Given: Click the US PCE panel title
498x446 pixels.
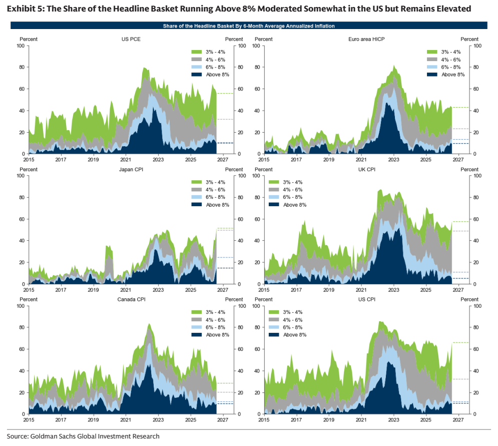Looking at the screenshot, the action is tap(131, 39).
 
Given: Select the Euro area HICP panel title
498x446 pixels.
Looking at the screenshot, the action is tap(366, 39).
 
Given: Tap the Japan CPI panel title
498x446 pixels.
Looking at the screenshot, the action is tap(131, 169).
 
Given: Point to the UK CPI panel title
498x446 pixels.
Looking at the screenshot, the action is tap(366, 169).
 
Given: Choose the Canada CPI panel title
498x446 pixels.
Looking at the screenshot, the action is tap(131, 299).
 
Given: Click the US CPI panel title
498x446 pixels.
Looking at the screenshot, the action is tap(366, 299).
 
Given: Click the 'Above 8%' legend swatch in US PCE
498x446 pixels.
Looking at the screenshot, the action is tap(197, 74).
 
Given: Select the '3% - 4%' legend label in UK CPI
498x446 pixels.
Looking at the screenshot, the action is tap(292, 182).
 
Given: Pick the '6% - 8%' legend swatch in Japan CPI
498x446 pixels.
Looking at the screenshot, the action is tap(197, 197).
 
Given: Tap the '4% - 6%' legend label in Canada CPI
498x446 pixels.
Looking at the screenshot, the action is tap(215, 320).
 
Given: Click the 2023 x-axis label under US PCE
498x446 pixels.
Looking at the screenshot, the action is tap(158, 160).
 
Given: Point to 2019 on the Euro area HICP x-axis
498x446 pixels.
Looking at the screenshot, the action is tap(329, 160).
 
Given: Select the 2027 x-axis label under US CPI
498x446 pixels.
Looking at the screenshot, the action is tap(458, 419).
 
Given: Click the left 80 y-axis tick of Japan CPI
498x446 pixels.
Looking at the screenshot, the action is tap(22, 197).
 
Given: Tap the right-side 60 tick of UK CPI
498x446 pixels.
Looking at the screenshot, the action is tap(476, 219).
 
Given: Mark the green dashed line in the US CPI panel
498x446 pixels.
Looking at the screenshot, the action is tap(460, 342).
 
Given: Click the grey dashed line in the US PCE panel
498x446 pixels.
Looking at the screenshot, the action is tap(225, 119).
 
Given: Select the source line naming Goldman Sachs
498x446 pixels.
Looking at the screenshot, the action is tap(83, 436).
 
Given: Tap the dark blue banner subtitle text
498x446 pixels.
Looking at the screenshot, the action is tap(249, 26).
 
